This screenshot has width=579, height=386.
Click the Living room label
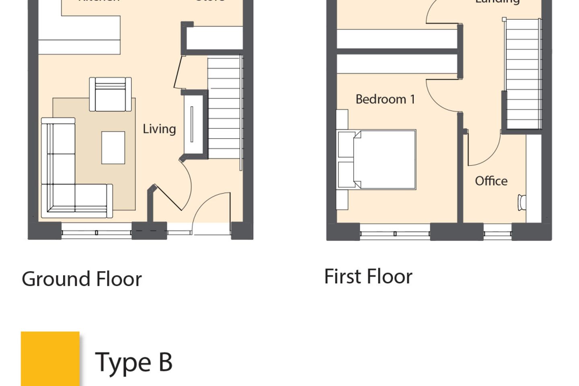159,129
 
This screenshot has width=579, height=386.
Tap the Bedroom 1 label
385,99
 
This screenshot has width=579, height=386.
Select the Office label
491,181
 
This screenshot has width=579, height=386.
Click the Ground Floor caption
82,279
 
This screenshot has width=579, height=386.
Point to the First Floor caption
368,277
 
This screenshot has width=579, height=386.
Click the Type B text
133,362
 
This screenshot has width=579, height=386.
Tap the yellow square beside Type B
50,358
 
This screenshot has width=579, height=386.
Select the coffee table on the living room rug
113,148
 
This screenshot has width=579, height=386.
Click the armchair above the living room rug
110,94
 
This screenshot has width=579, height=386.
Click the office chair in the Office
522,202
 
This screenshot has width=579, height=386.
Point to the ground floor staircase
225,108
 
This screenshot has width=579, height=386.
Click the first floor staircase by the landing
522,74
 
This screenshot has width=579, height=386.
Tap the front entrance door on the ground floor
211,213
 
